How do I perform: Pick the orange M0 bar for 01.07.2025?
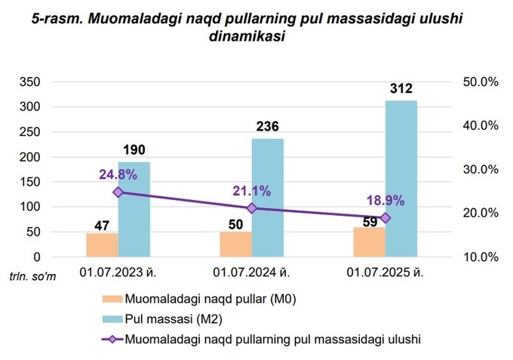point(369,242)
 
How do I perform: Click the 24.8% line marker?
point(118,192)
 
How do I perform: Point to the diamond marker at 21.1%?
point(252,208)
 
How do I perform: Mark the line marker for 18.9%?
point(386,218)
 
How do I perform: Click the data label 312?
point(401,89)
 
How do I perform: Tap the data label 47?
point(102,224)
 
